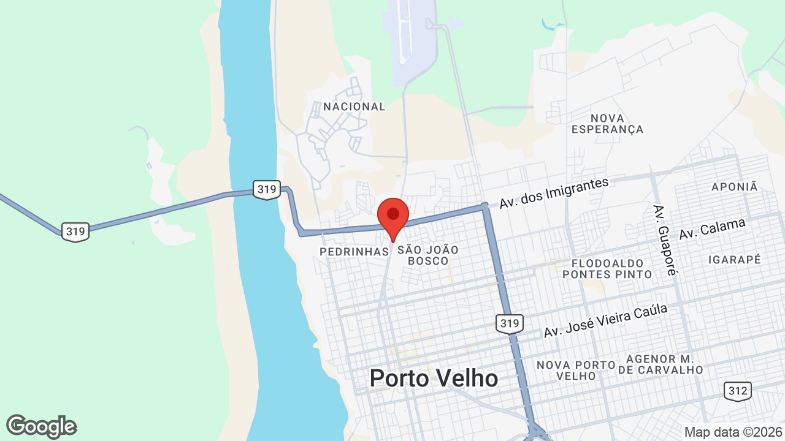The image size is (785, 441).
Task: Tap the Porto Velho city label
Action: [x=434, y=378]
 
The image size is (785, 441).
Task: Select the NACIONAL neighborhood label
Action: [x=354, y=107]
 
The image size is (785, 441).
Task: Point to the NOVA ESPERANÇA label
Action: [x=607, y=123]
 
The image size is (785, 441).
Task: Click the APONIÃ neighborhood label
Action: [x=735, y=187]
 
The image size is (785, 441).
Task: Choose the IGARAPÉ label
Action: [x=735, y=260]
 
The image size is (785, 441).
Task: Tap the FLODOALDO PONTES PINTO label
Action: [x=607, y=269]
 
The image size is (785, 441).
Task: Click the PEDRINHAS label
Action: [x=354, y=252]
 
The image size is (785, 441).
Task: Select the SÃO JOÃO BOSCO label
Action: [x=428, y=255]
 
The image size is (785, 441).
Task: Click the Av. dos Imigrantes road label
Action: [x=554, y=193]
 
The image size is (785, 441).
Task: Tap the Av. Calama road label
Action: [x=712, y=229]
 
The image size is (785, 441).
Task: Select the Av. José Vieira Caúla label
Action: [x=605, y=321]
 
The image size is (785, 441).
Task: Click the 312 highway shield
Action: [x=737, y=391]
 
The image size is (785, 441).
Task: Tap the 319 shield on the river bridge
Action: [x=267, y=190]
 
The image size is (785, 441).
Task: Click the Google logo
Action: [x=42, y=426]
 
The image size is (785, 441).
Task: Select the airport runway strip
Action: [x=404, y=31]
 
